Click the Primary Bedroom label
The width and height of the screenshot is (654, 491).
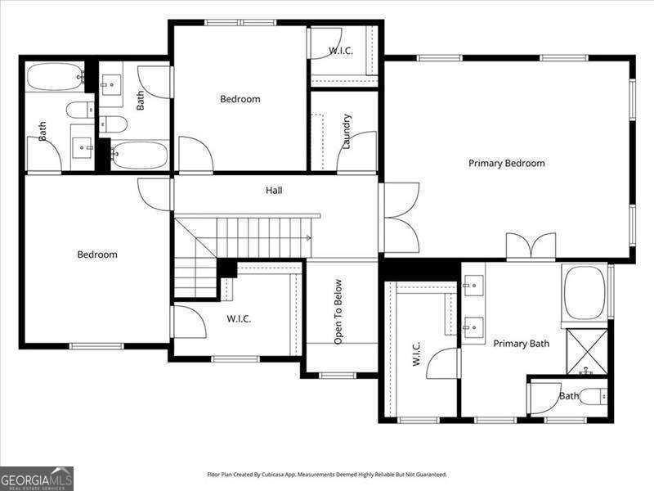[x=506, y=164]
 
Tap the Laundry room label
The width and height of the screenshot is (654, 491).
[x=347, y=131]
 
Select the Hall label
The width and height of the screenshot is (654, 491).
[x=274, y=191]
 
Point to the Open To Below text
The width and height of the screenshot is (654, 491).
[x=338, y=312]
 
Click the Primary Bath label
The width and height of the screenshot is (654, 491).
[x=521, y=344]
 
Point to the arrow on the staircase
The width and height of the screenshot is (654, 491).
[x=307, y=238]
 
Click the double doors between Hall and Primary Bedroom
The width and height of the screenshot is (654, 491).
[x=401, y=217]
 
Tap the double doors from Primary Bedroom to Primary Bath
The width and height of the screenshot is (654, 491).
[x=531, y=246]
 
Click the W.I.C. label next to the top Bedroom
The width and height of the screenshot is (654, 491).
[x=340, y=51]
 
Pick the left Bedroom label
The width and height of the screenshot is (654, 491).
[x=97, y=255]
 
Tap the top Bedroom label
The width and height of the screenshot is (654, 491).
[x=240, y=99]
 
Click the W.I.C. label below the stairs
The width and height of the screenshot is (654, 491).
[x=239, y=319]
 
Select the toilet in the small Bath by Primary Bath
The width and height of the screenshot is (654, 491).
[x=594, y=397]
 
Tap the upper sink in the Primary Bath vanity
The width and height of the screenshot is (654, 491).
[x=473, y=286]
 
